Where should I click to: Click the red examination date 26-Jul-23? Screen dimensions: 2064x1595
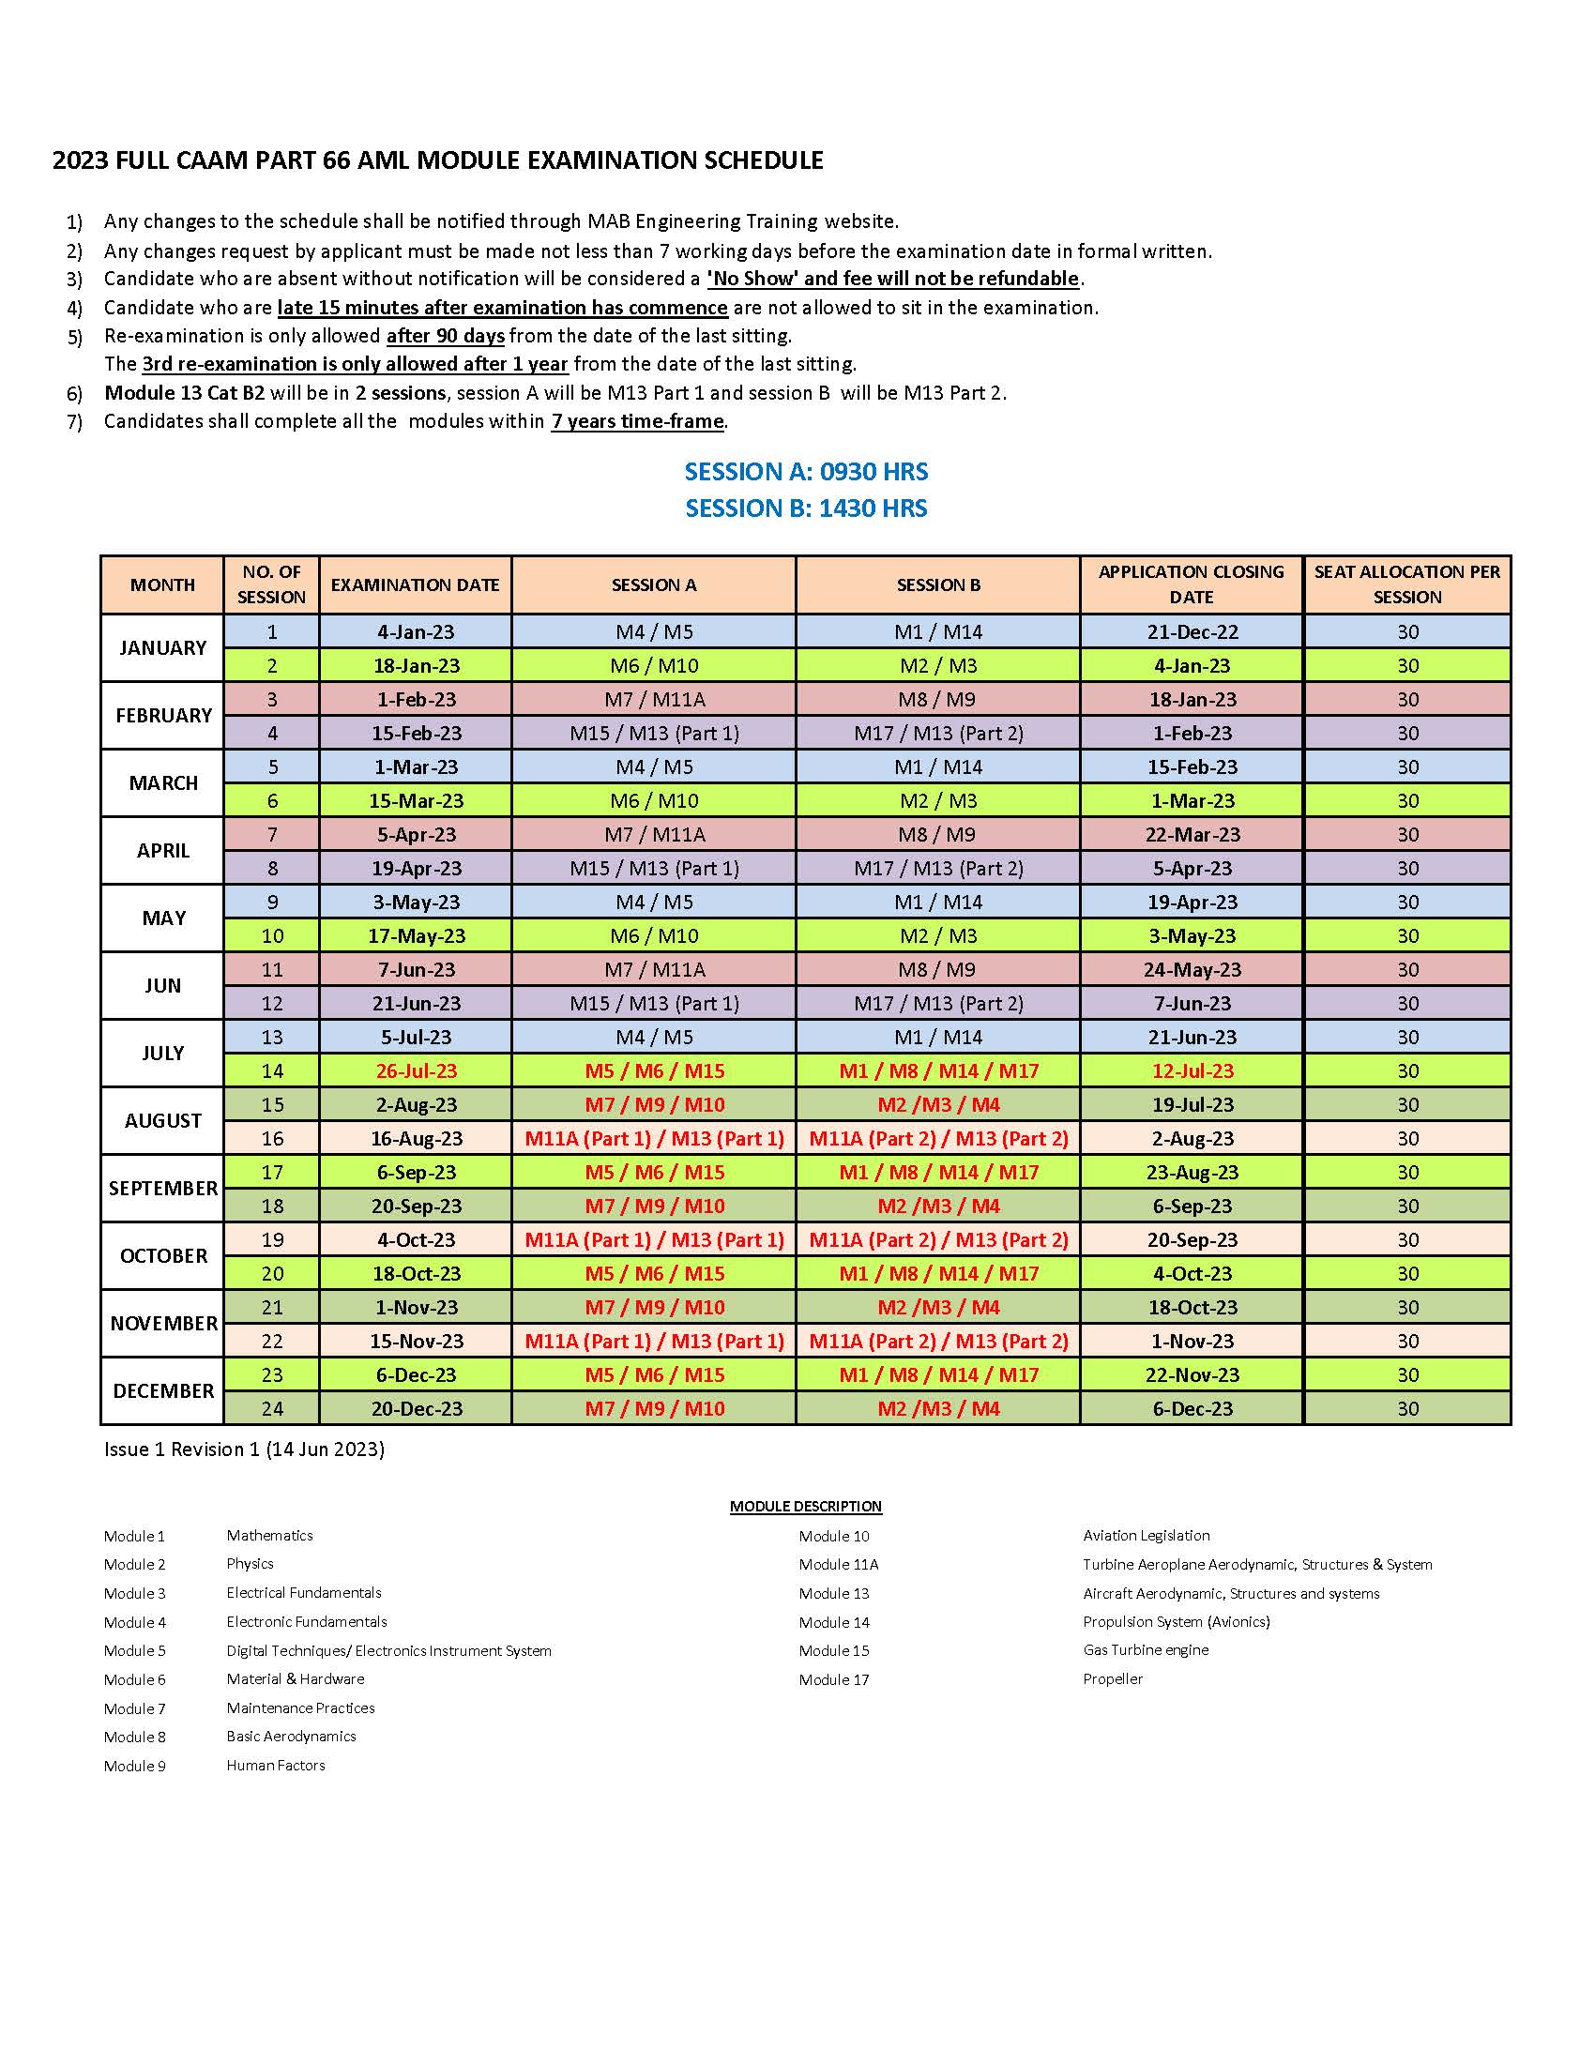pos(416,1070)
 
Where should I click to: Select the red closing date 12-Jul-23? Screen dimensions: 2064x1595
pos(1192,1070)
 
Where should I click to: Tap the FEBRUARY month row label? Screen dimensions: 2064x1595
pos(162,716)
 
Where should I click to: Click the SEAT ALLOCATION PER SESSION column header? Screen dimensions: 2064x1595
pos(1407,584)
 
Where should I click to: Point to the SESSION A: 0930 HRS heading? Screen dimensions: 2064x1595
pos(806,472)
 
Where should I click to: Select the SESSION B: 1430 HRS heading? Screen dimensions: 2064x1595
pos(806,508)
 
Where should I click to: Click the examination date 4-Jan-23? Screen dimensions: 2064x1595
pos(416,631)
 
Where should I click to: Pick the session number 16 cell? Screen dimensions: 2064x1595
pos(272,1138)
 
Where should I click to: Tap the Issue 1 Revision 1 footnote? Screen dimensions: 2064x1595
pos(244,1449)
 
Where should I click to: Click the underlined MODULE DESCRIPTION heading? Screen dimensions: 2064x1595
pos(805,1506)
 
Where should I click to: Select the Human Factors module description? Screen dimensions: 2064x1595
pos(275,1765)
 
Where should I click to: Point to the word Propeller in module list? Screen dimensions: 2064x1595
pos(1112,1678)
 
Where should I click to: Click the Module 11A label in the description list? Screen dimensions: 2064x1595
pos(838,1564)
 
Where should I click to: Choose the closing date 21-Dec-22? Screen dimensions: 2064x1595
pos(1192,631)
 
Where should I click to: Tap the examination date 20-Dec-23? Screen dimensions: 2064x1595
pos(416,1408)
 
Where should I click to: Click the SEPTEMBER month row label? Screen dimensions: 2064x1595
pos(162,1188)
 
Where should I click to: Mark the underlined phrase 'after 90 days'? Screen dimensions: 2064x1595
pos(445,336)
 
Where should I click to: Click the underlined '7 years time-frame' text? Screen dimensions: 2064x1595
pos(637,421)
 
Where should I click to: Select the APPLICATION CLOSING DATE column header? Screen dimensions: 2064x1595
pos(1191,584)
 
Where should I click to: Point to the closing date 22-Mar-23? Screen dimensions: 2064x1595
pos(1192,834)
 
